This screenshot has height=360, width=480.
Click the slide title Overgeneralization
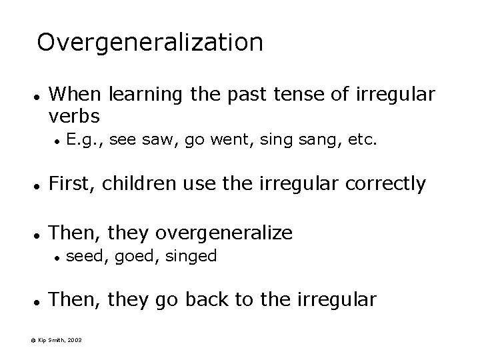tap(150, 43)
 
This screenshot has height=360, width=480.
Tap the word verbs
tap(75, 116)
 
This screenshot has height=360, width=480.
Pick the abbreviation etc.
tap(363, 141)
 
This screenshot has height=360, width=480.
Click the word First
tap(74, 183)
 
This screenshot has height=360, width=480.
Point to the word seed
tap(84, 256)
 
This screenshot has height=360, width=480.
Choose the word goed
tap(133, 256)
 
